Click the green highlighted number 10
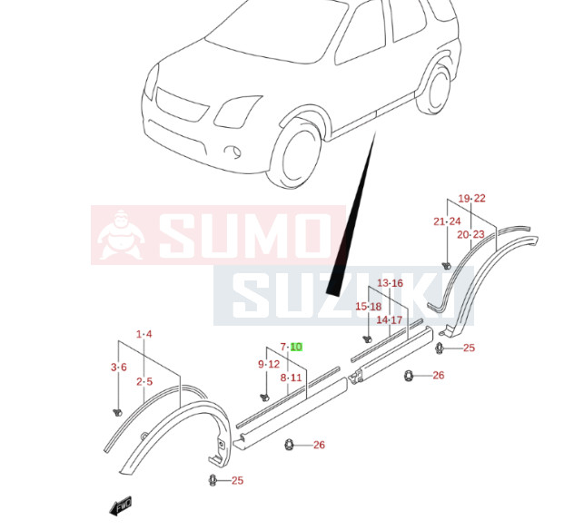pos(296,347)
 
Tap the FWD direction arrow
pos(121,505)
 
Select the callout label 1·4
pos(143,334)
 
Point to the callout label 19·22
pos(471,198)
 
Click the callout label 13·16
pos(390,283)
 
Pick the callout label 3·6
pos(119,367)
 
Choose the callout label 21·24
pos(447,221)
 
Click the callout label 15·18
pos(369,307)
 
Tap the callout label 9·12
pos(269,364)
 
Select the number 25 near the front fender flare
pos(237,480)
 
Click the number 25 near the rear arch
pos(469,348)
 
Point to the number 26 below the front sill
pos(319,445)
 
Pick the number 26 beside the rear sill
pos(439,375)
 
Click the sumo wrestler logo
pos(121,235)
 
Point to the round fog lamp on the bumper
pos(233,151)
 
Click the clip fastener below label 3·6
pos(117,413)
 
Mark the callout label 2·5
pos(144,381)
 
